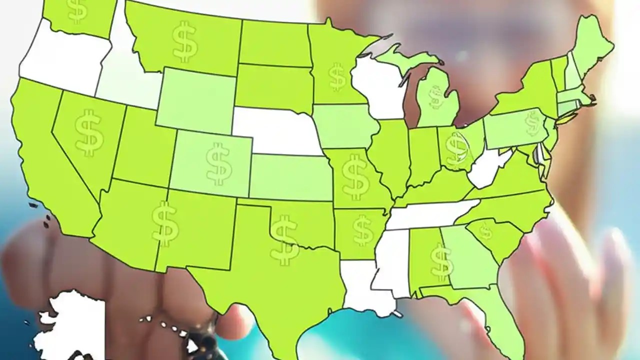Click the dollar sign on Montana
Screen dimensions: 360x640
point(184,41)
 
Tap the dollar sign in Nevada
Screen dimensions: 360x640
point(89,133)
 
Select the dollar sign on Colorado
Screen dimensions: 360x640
point(218,163)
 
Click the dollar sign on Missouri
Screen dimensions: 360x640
point(355,176)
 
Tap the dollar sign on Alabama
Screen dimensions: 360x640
point(440,262)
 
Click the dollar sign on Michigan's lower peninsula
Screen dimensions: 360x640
point(436,97)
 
